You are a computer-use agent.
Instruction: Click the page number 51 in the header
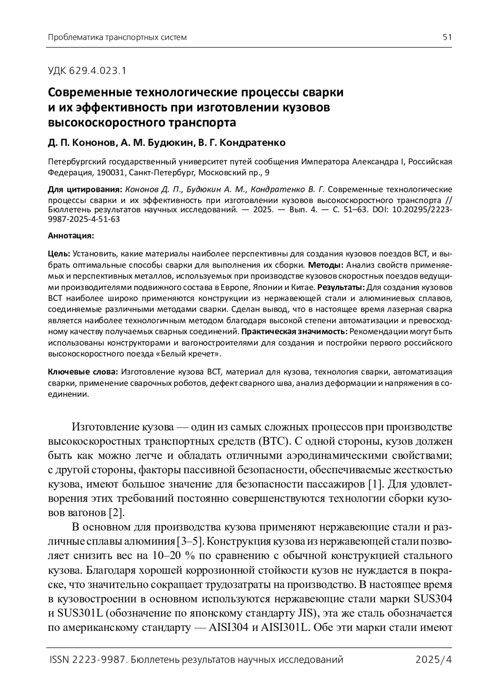pos(447,37)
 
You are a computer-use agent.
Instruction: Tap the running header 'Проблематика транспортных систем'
pos(117,37)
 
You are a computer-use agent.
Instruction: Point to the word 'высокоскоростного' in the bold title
pos(106,123)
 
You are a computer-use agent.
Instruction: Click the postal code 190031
pos(106,172)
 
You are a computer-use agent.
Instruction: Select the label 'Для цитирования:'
pos(85,190)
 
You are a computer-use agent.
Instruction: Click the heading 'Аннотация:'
pos(71,236)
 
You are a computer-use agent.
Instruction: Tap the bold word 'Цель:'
pos(59,254)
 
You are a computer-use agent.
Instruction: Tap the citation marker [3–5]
pos(190,542)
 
